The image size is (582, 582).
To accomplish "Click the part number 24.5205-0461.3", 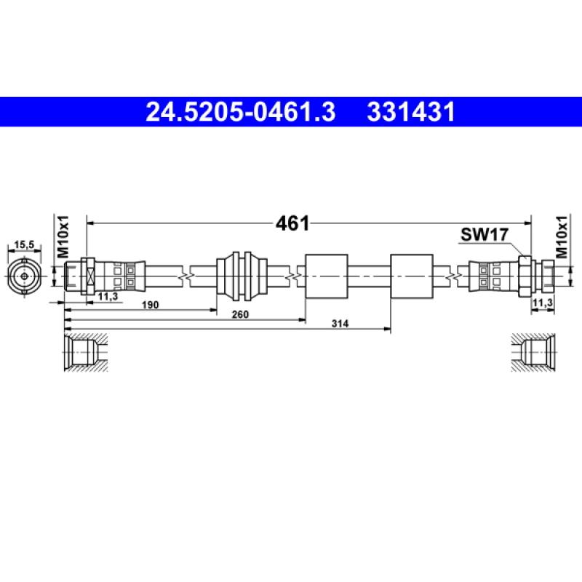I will [x=240, y=112].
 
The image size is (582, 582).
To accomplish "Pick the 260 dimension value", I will [x=241, y=314].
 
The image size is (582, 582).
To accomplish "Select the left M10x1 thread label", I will [x=63, y=236].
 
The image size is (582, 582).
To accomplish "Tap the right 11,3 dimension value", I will [x=542, y=302].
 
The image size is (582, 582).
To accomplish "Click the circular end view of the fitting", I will [x=25, y=276].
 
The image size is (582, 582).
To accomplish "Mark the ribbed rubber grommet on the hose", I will [x=239, y=276].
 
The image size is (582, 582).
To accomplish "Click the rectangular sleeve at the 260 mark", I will [x=325, y=276].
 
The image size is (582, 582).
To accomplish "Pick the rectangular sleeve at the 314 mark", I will [x=412, y=276].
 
